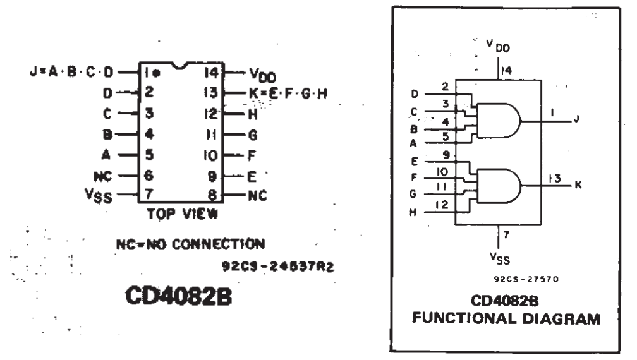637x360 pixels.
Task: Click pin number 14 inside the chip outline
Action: coord(211,72)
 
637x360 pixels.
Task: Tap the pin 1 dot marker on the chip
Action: coord(155,73)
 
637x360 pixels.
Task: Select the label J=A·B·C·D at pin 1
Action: coord(73,71)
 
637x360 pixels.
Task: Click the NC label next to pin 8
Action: coord(257,195)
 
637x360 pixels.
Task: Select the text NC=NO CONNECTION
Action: coord(190,243)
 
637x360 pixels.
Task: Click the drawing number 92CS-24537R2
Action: coord(277,266)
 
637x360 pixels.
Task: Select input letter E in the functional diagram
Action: coord(414,161)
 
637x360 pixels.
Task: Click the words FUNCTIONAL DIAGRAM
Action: coord(506,319)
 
